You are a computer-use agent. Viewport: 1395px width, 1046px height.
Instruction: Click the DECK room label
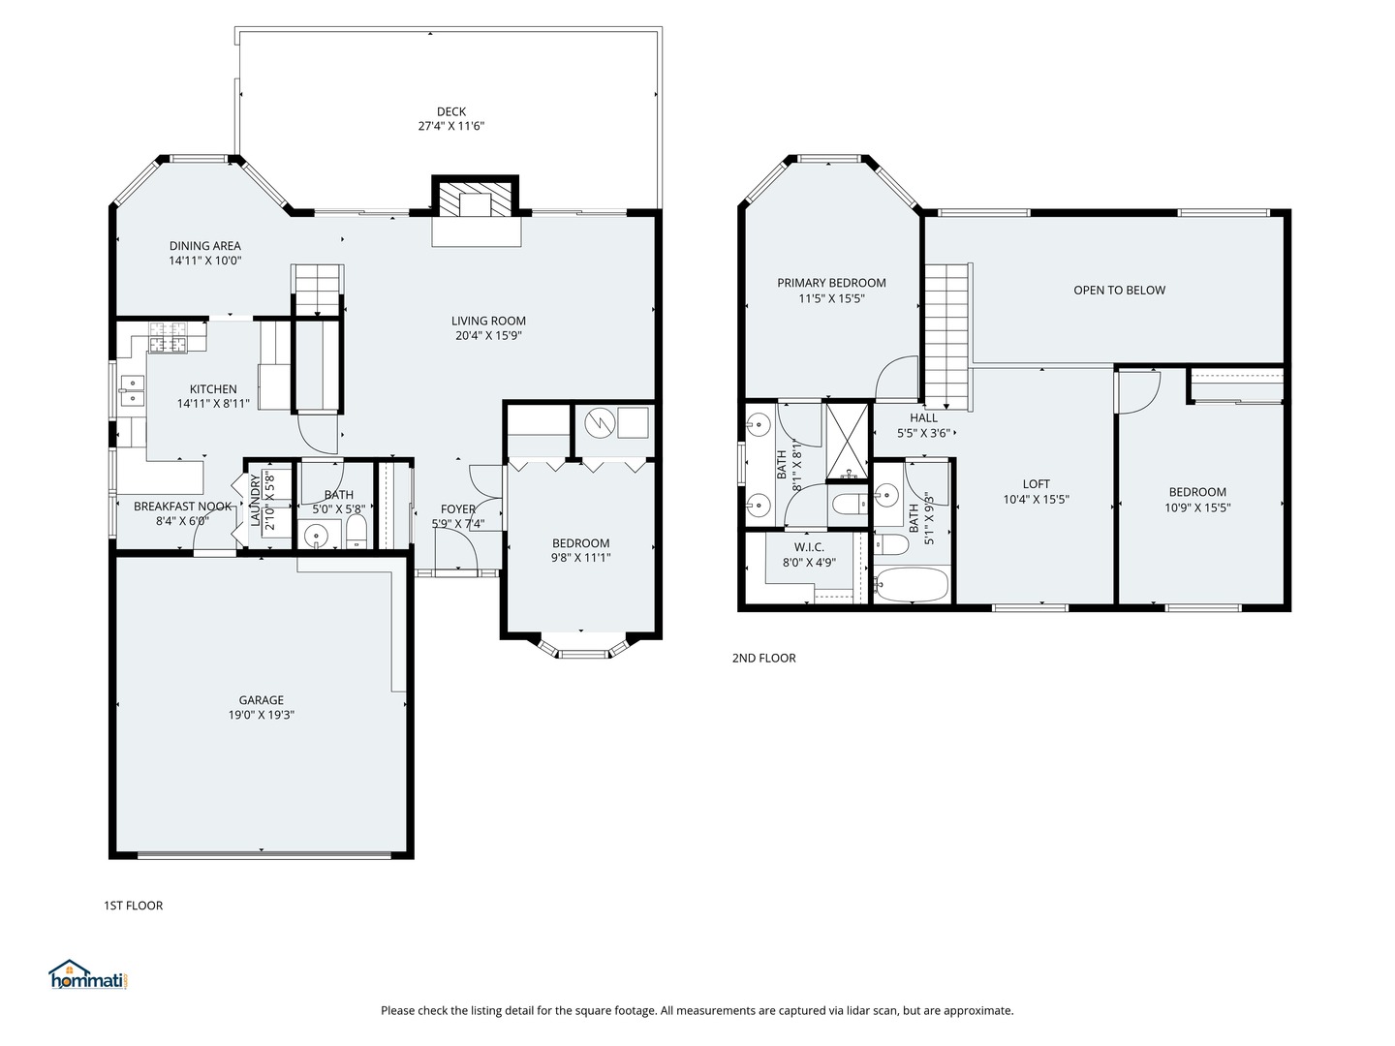[x=450, y=111]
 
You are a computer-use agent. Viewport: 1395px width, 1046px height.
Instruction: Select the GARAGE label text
[x=262, y=700]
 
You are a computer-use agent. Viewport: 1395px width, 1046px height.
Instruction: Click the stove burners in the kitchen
[x=169, y=337]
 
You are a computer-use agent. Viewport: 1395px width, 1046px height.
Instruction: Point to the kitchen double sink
[x=133, y=390]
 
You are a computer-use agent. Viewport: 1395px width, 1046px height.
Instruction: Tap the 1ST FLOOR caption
[x=134, y=906]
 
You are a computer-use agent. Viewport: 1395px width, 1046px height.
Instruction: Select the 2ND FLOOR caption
[x=764, y=658]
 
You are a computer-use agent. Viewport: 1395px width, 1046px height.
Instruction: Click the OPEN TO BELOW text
[x=1119, y=291]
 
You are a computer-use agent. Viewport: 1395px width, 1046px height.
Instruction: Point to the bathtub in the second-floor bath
[x=912, y=584]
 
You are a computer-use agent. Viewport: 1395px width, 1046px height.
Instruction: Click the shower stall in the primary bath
[x=847, y=442]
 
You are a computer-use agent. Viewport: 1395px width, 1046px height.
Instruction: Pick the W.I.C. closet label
[x=809, y=547]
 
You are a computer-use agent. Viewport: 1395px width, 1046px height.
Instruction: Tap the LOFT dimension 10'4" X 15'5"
[x=1036, y=499]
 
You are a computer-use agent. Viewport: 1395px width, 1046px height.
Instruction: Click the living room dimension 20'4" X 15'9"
[x=488, y=335]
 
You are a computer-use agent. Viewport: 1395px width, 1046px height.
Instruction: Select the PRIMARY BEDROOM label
[x=831, y=283]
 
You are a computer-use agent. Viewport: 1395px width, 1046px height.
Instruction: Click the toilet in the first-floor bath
[x=356, y=531]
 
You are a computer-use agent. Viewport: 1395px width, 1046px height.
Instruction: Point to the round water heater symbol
[x=601, y=423]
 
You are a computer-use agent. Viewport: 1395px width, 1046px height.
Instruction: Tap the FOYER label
[x=457, y=509]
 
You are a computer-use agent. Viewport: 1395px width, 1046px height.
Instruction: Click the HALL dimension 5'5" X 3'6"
[x=923, y=433]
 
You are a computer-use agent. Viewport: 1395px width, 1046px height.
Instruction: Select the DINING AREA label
[x=204, y=246]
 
